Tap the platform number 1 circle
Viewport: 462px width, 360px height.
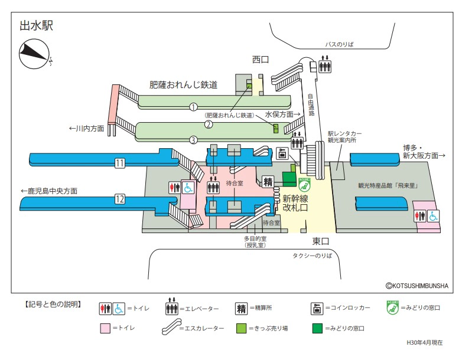tap(193, 107)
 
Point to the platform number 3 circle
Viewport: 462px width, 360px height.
tap(193, 140)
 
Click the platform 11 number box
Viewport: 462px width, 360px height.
tap(120, 163)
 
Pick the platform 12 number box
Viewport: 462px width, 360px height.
tap(120, 199)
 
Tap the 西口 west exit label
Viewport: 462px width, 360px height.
tap(261, 59)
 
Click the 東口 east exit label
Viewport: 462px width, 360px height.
tap(321, 241)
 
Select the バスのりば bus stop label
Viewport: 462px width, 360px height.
tap(339, 44)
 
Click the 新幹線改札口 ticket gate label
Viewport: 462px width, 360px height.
tap(295, 203)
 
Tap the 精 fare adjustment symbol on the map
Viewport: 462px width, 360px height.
tap(268, 181)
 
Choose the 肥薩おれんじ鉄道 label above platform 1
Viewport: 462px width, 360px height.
tap(183, 85)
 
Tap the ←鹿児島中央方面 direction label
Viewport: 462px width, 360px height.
tap(49, 191)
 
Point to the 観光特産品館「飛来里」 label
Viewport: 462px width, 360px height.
tap(388, 185)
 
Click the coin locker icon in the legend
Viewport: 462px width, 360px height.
tap(318, 308)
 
